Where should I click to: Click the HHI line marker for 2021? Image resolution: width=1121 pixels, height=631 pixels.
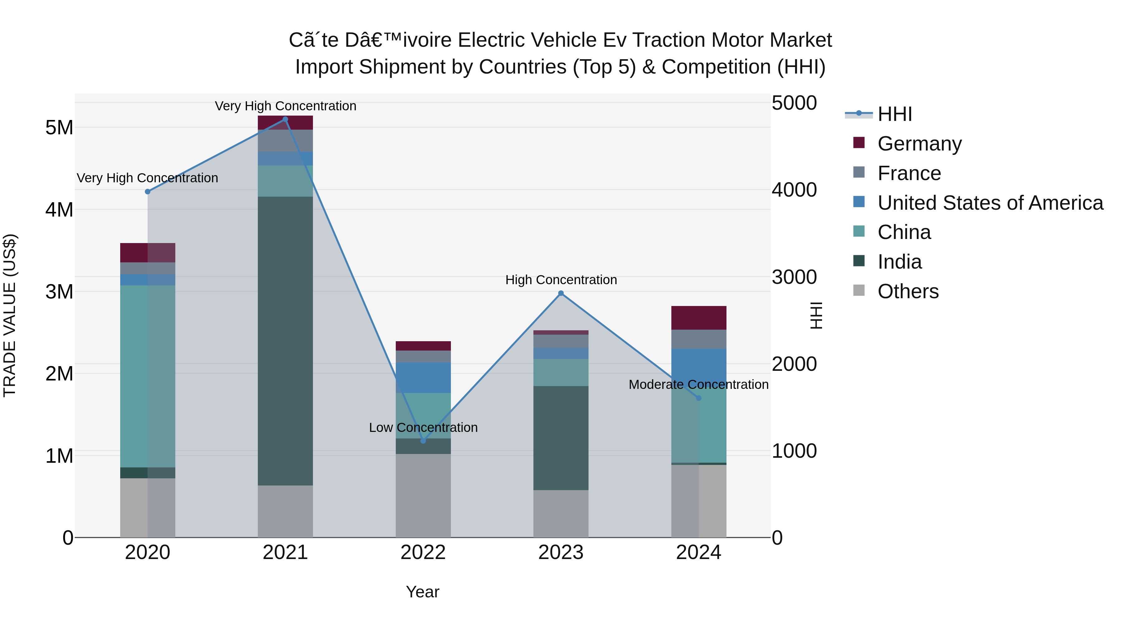point(285,119)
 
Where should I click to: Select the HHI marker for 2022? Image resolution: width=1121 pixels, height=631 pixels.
point(423,441)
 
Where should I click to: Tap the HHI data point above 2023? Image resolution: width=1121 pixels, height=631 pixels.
point(561,294)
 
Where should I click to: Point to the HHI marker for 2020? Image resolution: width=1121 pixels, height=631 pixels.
point(148,192)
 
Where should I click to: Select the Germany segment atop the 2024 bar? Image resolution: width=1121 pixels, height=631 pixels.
point(698,318)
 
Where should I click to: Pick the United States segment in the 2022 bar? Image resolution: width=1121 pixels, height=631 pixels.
point(423,378)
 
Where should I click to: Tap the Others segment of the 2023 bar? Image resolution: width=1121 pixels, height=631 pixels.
point(561,514)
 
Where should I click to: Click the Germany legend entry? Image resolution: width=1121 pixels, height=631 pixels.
point(919,144)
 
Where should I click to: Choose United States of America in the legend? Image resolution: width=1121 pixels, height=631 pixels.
point(990,203)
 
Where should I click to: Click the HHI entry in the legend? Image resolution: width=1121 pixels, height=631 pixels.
point(895,114)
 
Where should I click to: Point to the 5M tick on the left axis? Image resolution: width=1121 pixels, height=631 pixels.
point(59,127)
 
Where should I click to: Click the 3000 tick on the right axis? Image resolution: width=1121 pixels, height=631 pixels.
point(794,277)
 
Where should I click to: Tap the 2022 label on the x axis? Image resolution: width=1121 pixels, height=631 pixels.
point(423,552)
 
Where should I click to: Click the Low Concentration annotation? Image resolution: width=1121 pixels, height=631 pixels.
point(423,428)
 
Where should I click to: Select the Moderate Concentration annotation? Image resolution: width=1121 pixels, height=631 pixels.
point(698,385)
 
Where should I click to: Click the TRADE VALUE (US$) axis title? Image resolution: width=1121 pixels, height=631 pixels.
point(10,315)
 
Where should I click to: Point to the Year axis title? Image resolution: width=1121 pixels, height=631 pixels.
point(423,592)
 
